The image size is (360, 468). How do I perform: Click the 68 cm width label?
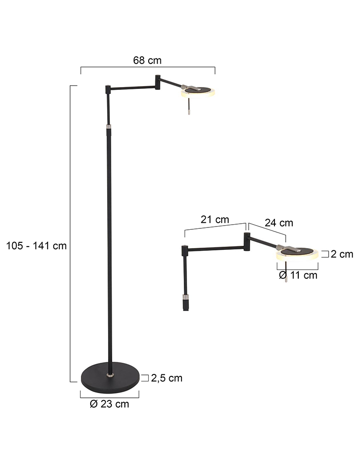(x=147, y=60)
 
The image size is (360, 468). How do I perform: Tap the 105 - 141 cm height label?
(x=36, y=246)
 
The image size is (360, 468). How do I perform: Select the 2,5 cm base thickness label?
(x=166, y=378)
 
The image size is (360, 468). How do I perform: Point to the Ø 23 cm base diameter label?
(x=109, y=404)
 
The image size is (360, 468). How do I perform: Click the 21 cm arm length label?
(x=215, y=219)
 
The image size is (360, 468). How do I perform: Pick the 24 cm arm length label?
(x=279, y=223)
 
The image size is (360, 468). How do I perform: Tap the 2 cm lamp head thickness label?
(x=342, y=254)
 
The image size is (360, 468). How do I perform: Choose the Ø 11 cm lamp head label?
(x=298, y=275)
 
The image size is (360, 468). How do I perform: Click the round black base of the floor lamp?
(x=110, y=377)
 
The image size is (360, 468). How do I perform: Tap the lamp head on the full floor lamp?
(x=198, y=92)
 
